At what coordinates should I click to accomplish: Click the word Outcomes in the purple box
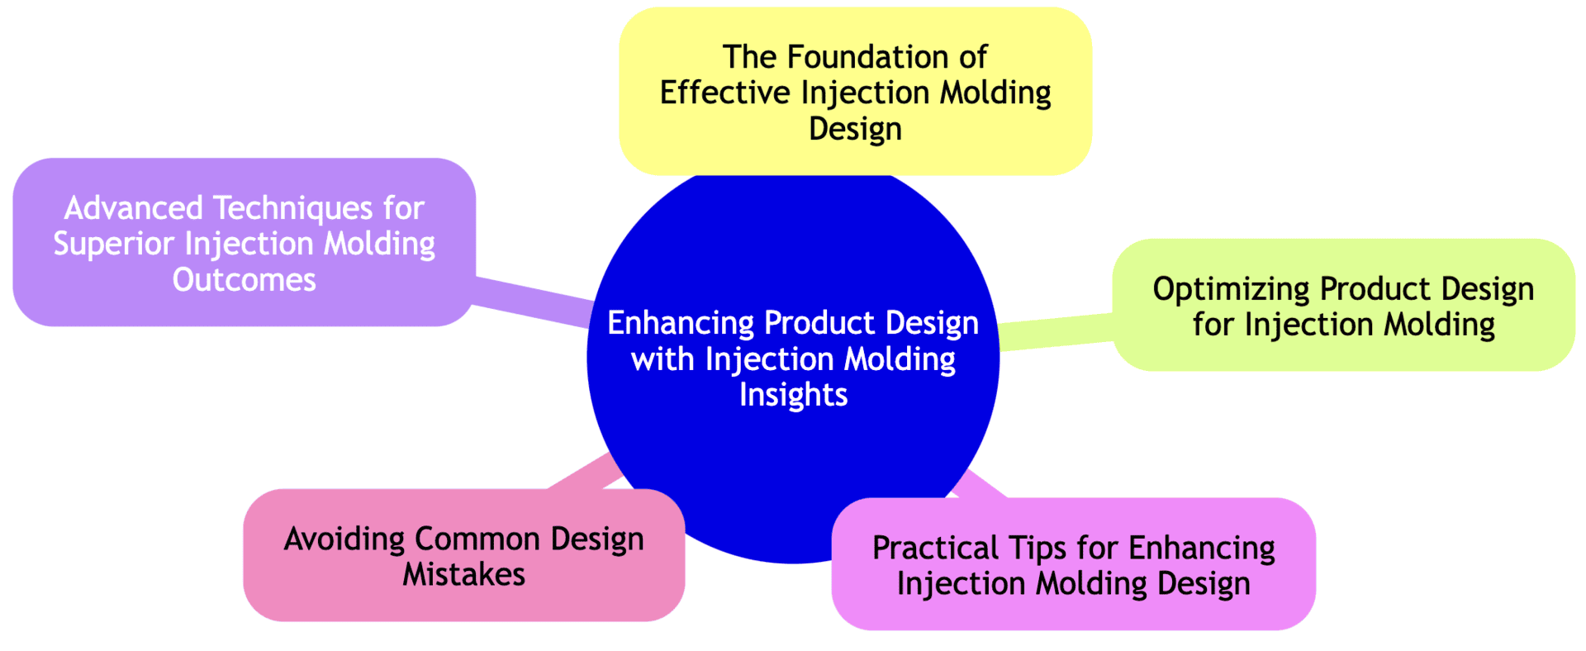(x=244, y=280)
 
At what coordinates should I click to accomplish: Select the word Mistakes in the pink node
(x=463, y=575)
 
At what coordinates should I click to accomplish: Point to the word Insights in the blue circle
(x=793, y=395)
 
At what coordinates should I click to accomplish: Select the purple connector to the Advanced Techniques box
(x=533, y=301)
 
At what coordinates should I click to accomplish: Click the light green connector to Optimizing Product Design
(x=1056, y=332)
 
